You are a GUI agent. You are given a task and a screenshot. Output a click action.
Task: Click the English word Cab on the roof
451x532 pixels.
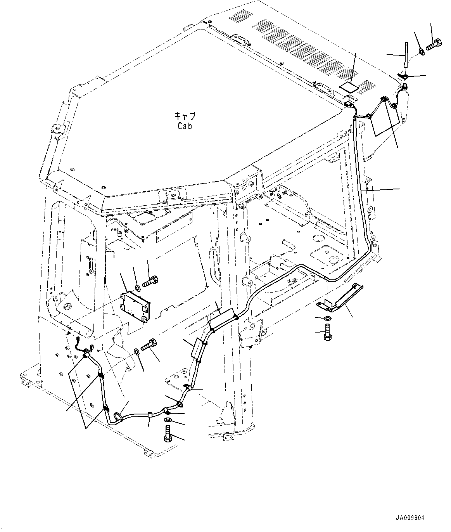[185, 126]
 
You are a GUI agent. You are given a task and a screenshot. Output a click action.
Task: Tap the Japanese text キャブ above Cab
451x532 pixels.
[185, 116]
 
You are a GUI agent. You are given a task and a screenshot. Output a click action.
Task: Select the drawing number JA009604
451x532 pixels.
[410, 518]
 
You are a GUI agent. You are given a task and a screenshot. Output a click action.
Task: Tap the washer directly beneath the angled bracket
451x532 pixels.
[327, 319]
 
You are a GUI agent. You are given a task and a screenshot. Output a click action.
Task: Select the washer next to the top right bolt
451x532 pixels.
[421, 51]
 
